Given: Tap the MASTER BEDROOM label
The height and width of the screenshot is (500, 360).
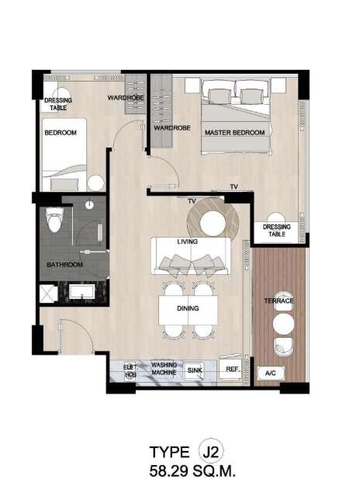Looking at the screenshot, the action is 234,132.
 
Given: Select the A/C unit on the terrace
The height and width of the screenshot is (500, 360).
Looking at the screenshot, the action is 271,373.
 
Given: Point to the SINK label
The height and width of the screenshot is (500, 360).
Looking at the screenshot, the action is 194,370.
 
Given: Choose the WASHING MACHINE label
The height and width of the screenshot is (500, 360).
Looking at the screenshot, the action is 164,368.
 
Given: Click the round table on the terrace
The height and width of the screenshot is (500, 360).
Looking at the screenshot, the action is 283,324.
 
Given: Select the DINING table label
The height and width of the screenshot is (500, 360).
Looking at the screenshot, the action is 188,308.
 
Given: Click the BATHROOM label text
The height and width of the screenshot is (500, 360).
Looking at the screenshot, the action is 64,265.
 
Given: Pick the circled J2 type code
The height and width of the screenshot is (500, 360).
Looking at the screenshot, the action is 211,452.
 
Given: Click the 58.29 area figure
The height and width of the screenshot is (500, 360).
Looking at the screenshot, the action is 169,470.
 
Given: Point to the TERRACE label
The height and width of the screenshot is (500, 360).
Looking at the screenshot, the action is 279,300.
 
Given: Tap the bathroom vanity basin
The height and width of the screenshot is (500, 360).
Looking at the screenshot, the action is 82,293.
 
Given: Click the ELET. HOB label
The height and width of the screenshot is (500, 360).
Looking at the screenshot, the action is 130,371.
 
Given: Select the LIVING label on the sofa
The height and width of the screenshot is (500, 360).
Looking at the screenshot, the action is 187,241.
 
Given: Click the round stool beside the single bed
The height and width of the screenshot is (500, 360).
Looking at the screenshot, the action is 95,183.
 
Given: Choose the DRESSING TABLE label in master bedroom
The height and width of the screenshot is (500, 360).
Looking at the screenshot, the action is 276,231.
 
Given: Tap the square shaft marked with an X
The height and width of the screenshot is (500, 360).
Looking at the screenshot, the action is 48,293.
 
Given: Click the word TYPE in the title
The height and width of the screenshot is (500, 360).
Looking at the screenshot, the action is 169,452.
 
